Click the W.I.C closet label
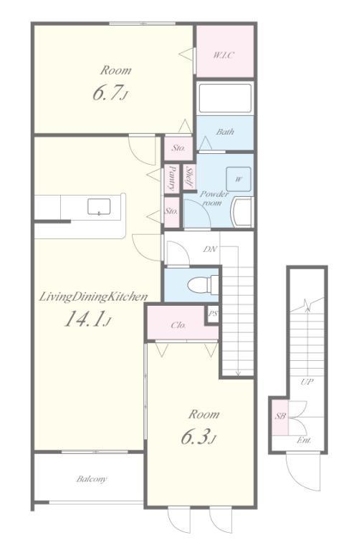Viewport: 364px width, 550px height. pos(224,55)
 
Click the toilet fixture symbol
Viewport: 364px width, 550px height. pos(203,284)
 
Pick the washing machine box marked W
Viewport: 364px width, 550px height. pos(239,179)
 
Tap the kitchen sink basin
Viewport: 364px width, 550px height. pos(99,206)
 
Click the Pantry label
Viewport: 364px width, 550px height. pos(172,178)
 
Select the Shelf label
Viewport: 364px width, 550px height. pos(189,177)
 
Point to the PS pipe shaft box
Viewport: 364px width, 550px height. pos(212,314)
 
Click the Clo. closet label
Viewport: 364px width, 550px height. pos(178,325)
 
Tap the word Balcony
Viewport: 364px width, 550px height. pos(92,479)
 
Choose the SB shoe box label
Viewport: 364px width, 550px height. pos(280,416)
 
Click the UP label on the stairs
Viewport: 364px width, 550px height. pos(307,382)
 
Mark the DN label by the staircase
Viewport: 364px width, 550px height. pos(210,249)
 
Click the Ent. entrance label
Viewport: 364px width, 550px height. pos(304,440)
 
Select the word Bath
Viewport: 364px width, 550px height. pos(225,132)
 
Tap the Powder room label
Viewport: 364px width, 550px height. pos(214,198)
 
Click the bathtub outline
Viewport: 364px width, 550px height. pos(225,98)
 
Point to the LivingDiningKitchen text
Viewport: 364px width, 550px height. pos(93,297)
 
